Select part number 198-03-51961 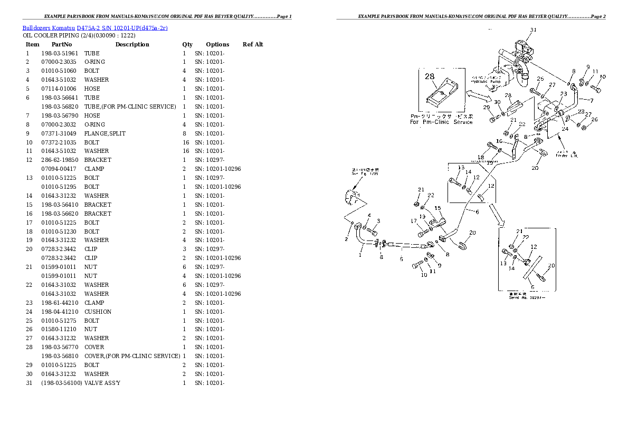tap(59, 53)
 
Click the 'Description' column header tap(132, 44)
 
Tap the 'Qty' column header tap(187, 44)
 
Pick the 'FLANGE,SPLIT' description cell tap(105, 133)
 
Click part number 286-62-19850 tap(59, 160)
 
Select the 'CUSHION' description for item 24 tap(98, 312)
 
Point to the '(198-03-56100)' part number tap(61, 383)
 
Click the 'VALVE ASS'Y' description tap(102, 383)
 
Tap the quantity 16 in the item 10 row tap(185, 142)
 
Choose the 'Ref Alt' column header tap(253, 44)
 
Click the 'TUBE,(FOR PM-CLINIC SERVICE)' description tap(130, 107)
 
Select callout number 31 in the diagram tap(533, 30)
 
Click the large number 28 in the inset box tap(430, 76)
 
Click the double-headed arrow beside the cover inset tap(477, 95)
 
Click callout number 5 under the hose tap(401, 259)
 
